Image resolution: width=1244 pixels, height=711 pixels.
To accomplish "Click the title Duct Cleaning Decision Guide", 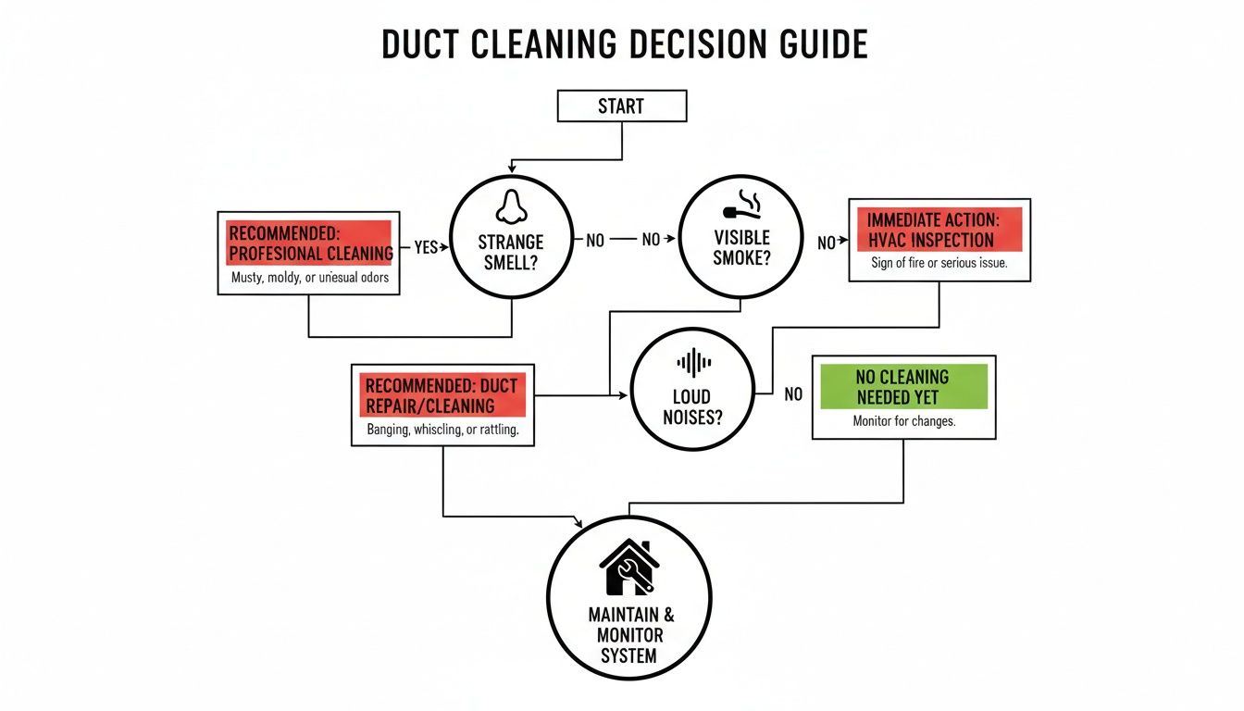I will pyautogui.click(x=625, y=44).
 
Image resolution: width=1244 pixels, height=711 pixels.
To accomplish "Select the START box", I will pyautogui.click(x=621, y=106).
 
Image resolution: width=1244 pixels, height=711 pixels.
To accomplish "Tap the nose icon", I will pyautogui.click(x=510, y=206).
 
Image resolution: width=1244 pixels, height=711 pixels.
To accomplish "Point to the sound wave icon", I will pyautogui.click(x=694, y=362).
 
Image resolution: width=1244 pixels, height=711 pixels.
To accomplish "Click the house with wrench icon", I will pyautogui.click(x=628, y=568).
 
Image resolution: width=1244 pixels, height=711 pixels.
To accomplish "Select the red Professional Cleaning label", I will pyautogui.click(x=309, y=243).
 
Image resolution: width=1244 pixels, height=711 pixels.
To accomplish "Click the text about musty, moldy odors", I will pyautogui.click(x=309, y=278).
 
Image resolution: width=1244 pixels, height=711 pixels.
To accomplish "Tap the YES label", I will pyautogui.click(x=426, y=247).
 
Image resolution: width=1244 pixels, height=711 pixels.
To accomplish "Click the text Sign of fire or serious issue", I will pyautogui.click(x=939, y=263).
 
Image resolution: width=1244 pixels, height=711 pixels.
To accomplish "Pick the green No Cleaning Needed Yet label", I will pyautogui.click(x=903, y=387).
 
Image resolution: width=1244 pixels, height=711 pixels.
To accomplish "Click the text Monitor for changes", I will pyautogui.click(x=903, y=421).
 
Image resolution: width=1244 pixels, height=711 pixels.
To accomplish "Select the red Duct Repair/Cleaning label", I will pyautogui.click(x=442, y=395).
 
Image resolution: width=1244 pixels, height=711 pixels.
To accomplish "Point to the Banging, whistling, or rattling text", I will pyautogui.click(x=442, y=430).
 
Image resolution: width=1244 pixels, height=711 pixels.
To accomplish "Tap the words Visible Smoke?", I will pyautogui.click(x=741, y=249).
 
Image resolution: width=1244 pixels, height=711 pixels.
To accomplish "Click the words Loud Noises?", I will pyautogui.click(x=693, y=407).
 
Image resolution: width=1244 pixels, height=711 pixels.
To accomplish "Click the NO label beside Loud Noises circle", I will pyautogui.click(x=793, y=394).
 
